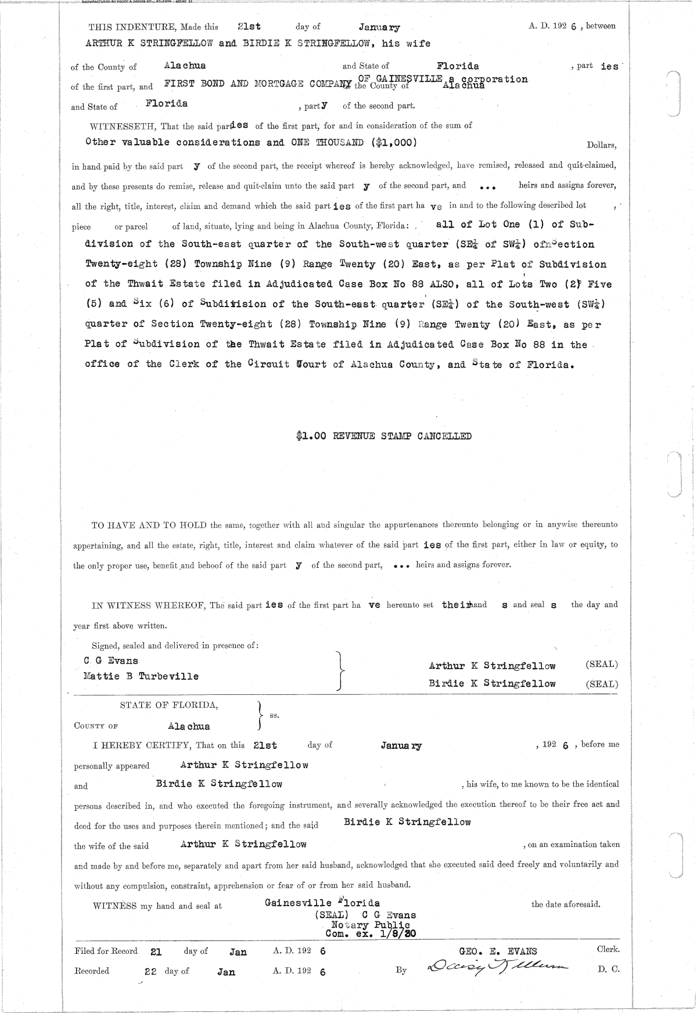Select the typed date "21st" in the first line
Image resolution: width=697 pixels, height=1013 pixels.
[249, 27]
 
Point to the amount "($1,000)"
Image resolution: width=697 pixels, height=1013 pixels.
[393, 142]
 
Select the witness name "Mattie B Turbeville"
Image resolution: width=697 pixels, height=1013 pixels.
[141, 676]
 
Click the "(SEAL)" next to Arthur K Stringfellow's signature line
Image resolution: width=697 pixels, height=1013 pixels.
[602, 665]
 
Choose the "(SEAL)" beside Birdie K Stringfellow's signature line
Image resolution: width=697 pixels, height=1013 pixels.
[602, 684]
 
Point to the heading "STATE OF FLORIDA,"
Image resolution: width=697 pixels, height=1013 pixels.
[169, 705]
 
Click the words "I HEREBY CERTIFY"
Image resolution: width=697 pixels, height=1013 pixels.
[133, 745]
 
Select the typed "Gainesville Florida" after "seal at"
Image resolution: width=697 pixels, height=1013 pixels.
[322, 903]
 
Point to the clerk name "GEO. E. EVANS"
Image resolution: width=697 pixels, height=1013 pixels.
[498, 951]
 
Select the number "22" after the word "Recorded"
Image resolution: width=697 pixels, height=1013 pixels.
[150, 971]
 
